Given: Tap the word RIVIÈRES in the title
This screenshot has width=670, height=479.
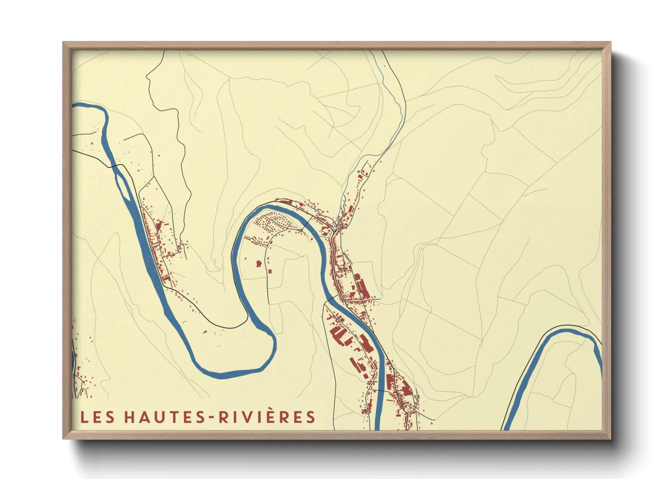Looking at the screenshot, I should pyautogui.click(x=267, y=417).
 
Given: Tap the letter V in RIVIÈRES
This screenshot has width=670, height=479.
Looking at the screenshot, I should pyautogui.click(x=248, y=417).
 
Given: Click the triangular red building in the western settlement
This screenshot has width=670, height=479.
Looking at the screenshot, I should pyautogui.click(x=158, y=225).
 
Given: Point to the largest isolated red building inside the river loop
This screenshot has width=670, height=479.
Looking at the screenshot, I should pyautogui.click(x=259, y=263).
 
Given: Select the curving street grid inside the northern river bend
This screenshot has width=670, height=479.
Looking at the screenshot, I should pyautogui.click(x=273, y=221).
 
